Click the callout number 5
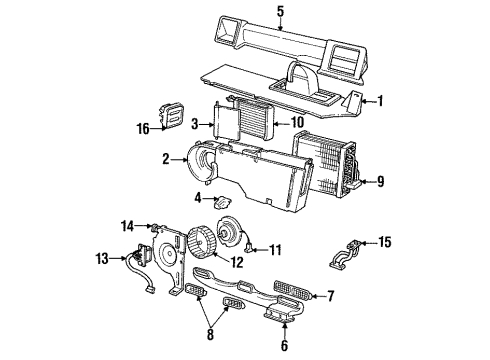[281, 13]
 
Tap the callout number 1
[379, 100]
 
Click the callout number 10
[296, 123]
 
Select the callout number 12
[236, 264]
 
